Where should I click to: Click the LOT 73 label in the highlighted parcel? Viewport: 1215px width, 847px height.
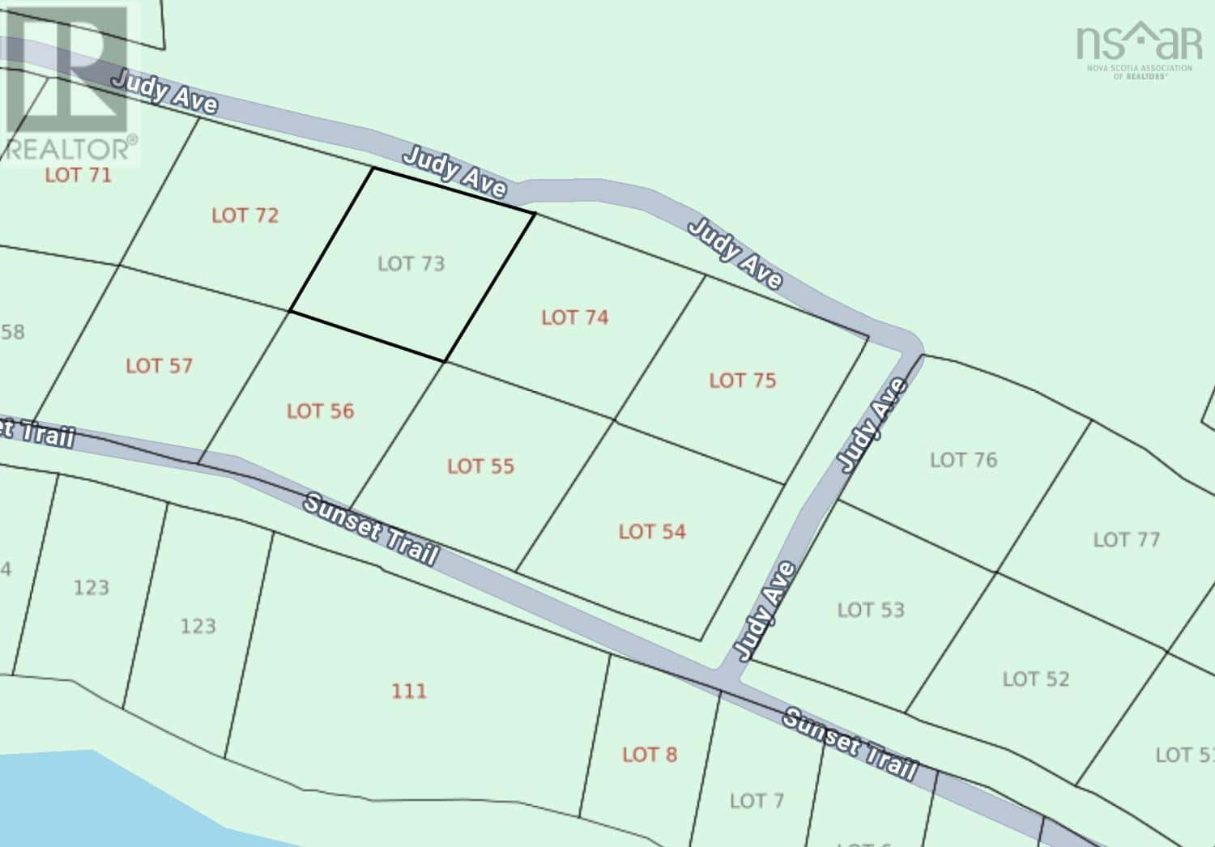point(411,264)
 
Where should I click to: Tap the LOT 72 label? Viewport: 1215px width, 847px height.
point(245,215)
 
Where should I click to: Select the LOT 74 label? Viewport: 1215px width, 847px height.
point(575,317)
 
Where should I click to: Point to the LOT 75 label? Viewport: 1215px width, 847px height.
point(743,381)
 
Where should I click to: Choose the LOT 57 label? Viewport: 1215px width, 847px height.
point(159,366)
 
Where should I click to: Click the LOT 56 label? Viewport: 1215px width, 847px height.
point(320,411)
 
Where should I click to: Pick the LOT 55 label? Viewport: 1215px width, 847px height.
point(480,466)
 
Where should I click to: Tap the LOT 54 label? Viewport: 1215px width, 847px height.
point(652,532)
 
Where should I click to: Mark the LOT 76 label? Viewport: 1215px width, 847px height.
point(963,461)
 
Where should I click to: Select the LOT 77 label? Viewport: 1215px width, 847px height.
point(1126,540)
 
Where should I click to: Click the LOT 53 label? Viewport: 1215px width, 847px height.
point(871,611)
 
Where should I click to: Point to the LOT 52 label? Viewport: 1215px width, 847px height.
point(1036,679)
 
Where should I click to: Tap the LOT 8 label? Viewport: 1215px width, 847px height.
point(650,755)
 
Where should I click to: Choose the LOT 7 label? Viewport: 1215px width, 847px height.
point(757,802)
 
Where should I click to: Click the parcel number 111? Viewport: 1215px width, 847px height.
point(409,692)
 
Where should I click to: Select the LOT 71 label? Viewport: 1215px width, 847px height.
point(78,175)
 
